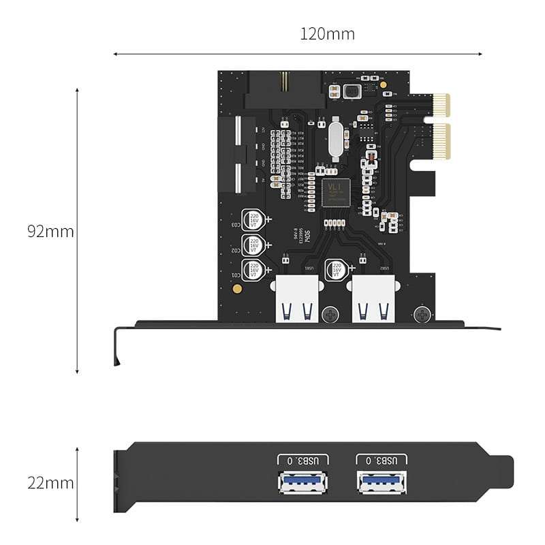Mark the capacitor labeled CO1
253,270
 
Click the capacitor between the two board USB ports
335,270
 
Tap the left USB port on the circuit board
296,301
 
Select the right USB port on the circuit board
373,301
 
